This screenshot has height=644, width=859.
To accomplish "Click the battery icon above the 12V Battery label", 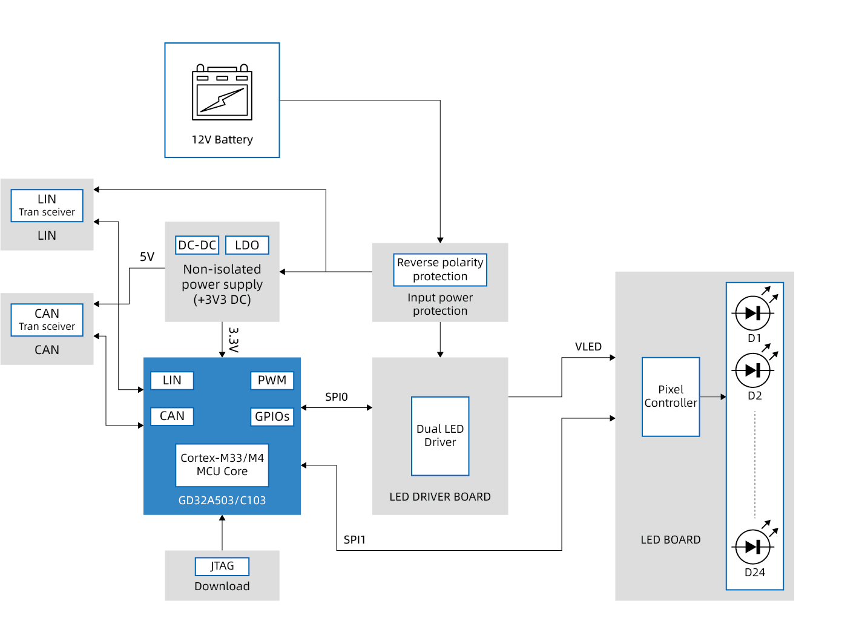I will (x=222, y=92).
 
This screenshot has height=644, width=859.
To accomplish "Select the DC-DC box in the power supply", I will (x=197, y=245).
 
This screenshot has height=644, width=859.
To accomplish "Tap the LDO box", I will (x=247, y=245).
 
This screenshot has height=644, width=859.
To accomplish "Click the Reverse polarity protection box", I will (x=440, y=269).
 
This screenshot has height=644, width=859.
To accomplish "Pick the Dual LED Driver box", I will (x=440, y=436).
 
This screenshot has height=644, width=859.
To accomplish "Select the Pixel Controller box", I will (x=671, y=396).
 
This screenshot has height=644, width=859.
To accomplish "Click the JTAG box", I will (x=222, y=566).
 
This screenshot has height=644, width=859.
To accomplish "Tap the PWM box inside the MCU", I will (x=272, y=380).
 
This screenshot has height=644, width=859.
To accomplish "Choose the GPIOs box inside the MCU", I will (x=272, y=416).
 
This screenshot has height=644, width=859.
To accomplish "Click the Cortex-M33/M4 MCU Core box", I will (x=222, y=465).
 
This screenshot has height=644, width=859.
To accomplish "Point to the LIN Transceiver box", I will (x=47, y=205).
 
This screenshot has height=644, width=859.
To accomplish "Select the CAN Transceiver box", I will (x=47, y=320).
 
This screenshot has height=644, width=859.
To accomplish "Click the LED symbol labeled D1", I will (x=752, y=313).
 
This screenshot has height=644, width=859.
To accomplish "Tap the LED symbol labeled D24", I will (x=752, y=547).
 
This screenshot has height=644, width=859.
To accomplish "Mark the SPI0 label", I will (x=337, y=397).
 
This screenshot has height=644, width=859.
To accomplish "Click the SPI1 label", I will (x=355, y=540).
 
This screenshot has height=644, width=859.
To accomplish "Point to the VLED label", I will (x=588, y=347).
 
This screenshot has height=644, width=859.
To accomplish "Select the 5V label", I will (x=147, y=257).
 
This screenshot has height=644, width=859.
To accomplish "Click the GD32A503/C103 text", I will (x=222, y=501).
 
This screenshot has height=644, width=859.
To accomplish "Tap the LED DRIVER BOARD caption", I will (x=440, y=497).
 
